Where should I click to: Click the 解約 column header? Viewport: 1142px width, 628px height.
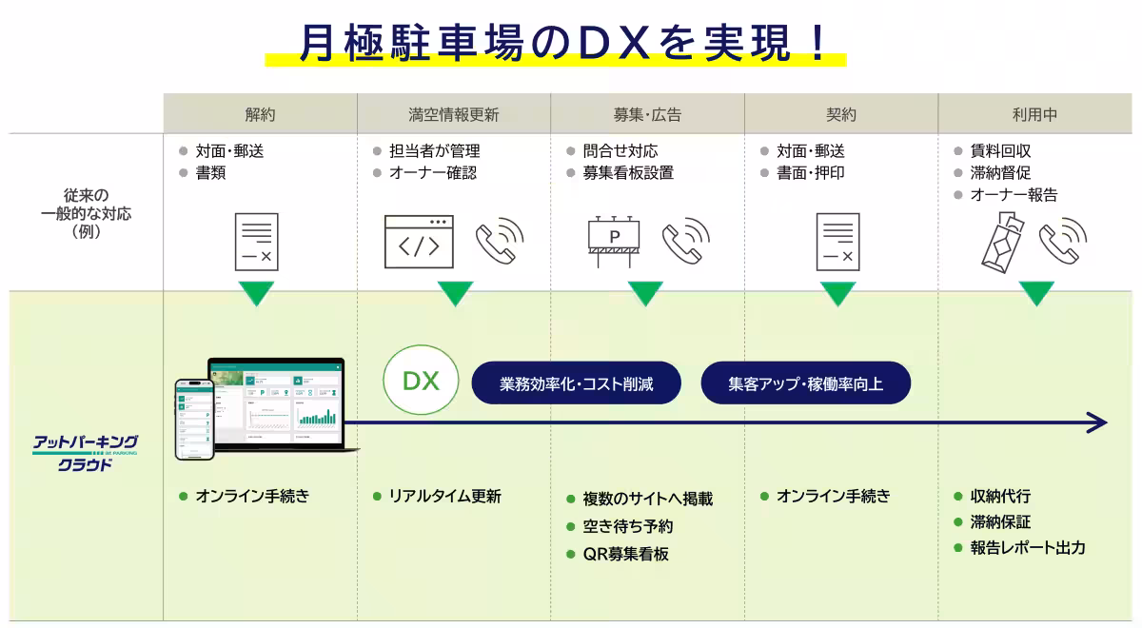260,114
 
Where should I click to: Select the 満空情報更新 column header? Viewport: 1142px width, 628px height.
454,114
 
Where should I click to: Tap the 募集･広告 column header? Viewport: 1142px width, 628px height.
647,114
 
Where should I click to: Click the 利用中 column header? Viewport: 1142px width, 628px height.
1035,114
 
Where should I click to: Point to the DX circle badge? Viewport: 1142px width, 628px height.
420,382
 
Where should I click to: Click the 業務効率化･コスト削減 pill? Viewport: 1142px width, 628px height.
577,384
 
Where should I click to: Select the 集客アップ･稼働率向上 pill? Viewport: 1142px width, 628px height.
805,384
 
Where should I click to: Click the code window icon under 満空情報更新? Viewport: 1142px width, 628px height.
419,242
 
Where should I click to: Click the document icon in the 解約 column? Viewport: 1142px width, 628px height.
257,242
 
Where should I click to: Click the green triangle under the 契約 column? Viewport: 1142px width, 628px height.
838,293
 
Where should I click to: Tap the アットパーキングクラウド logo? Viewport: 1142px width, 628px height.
86,452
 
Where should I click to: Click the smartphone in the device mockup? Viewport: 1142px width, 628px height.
194,420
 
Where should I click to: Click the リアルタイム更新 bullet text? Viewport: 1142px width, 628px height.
444,496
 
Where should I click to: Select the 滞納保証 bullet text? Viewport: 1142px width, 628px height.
1000,521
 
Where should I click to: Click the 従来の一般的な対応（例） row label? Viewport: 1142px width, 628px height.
87,213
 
